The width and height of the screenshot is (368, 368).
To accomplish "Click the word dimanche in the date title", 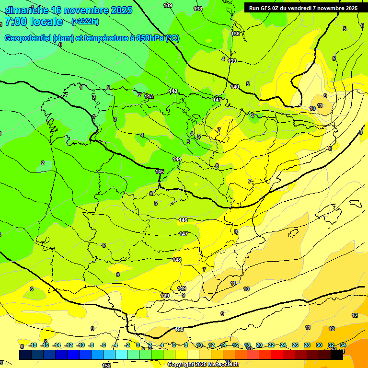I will [x=26, y=10].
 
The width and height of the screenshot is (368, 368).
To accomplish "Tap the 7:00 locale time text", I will [x=34, y=22].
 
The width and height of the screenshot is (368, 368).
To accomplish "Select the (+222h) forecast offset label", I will [x=85, y=22].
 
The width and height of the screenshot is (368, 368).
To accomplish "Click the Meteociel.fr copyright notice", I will [x=203, y=364].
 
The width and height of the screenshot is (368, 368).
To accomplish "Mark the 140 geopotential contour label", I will [x=235, y=87].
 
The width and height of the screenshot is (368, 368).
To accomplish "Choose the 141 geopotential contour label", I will [x=218, y=99].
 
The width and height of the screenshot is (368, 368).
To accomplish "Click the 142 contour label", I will [x=173, y=91].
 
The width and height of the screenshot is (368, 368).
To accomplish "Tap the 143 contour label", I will [x=149, y=96].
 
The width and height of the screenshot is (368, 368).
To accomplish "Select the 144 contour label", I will [x=177, y=159].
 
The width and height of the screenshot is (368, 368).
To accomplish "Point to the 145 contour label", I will [x=160, y=172].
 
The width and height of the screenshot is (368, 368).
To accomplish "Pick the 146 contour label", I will [x=183, y=220].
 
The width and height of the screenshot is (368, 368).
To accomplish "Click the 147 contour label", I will [x=184, y=234].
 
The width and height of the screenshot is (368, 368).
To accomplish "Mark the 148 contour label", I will [x=177, y=260].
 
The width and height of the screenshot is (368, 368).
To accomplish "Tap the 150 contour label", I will [x=179, y=329].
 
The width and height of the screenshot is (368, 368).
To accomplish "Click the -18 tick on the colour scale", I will [x=33, y=345].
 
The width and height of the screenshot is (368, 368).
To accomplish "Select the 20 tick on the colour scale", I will [x=259, y=345].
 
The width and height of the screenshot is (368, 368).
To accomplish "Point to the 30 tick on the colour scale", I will [x=319, y=345].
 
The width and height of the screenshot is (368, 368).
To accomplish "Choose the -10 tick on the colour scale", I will [x=81, y=345].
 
